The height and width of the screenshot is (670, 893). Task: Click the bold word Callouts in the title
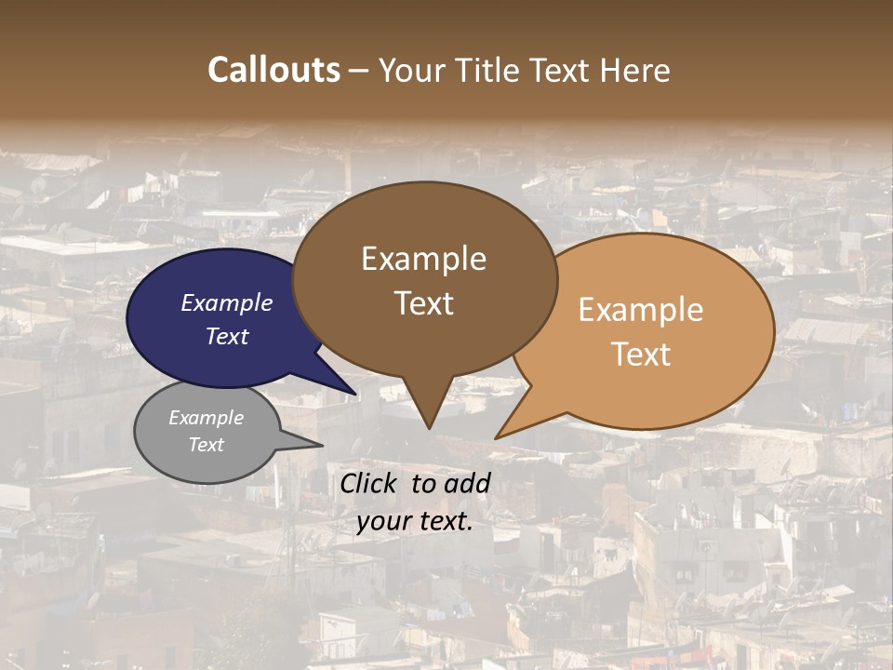coord(273,70)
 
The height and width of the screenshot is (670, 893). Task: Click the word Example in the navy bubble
coord(227,302)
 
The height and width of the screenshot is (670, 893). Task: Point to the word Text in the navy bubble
coord(227,336)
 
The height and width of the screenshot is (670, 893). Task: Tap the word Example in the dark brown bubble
coord(423,259)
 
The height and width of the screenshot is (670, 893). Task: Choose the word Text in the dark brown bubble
coord(423,302)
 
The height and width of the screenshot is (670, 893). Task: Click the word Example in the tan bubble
coord(641,310)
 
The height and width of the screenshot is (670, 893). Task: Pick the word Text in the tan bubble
coord(641,354)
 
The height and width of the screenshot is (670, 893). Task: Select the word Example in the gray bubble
coord(206,418)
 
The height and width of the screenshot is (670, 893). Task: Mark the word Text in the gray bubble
coord(206,445)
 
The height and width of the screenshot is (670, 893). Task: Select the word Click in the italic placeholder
coord(369,483)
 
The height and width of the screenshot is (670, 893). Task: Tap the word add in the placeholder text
coord(467,483)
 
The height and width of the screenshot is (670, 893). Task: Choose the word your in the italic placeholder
coord(382,521)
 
